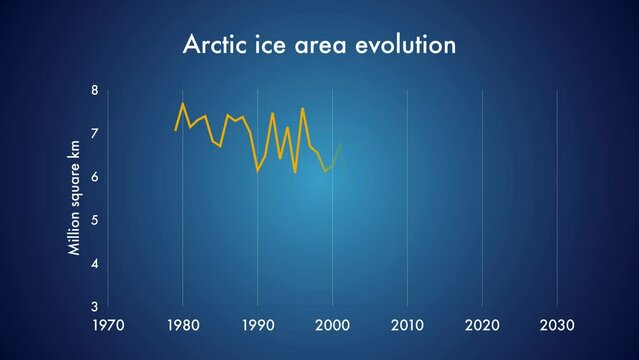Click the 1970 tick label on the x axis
point(107,325)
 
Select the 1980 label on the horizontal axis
point(182,325)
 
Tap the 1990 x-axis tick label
point(257,325)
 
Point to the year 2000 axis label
point(332,325)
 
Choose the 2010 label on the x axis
point(407,325)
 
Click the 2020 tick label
point(482,325)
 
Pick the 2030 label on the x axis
point(557,325)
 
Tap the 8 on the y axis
point(94,90)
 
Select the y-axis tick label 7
point(94,133)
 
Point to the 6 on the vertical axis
point(94,177)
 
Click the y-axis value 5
point(94,220)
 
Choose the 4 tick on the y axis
point(94,263)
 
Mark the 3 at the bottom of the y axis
point(94,306)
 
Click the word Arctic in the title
point(212,45)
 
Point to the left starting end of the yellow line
point(175,130)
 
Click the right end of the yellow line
point(341,145)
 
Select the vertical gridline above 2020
point(482,200)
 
